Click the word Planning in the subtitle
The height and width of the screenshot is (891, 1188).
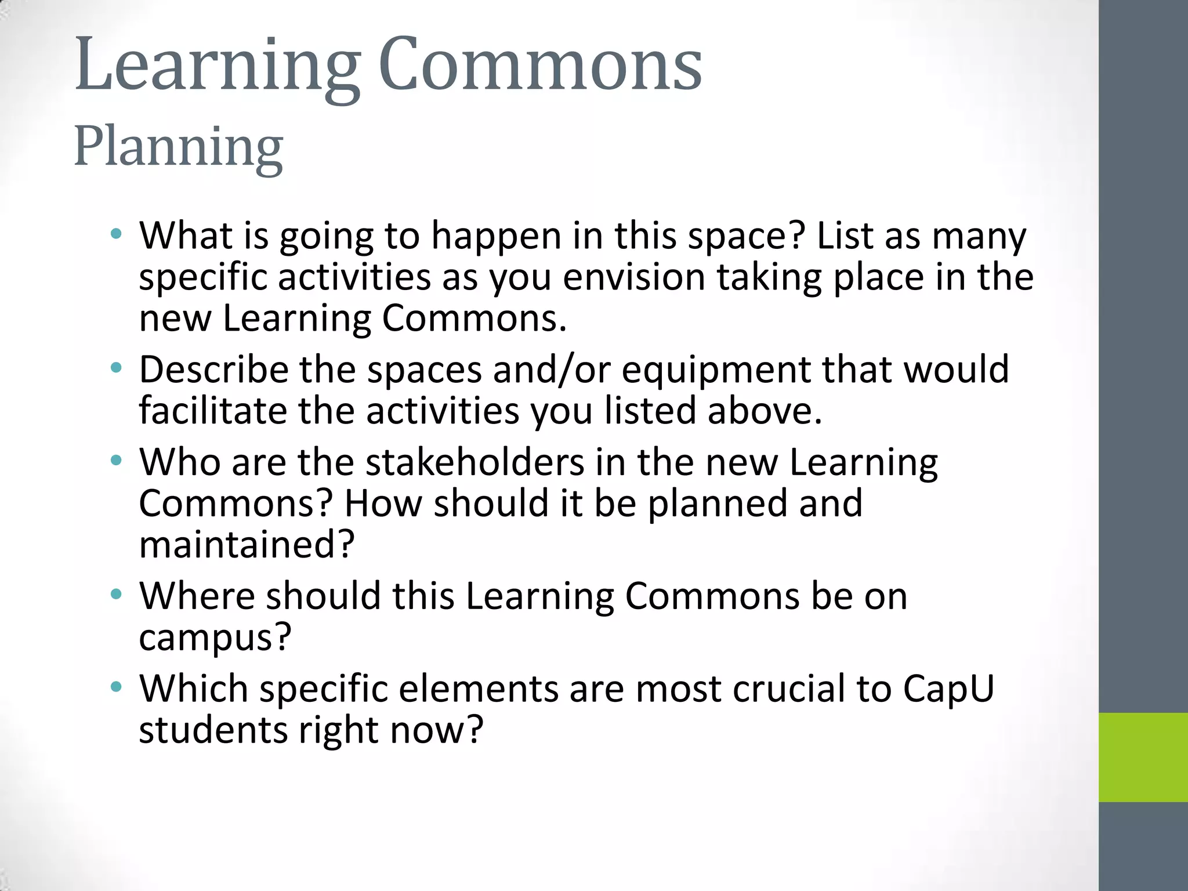178,148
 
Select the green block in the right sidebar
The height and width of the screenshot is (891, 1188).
1143,757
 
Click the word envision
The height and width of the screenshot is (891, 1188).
633,277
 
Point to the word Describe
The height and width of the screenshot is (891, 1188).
213,370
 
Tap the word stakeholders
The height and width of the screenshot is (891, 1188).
475,462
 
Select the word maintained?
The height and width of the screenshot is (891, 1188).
247,545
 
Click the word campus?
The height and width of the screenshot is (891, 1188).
215,638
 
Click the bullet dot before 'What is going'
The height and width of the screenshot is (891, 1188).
117,235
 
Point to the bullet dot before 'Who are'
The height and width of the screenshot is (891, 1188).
117,461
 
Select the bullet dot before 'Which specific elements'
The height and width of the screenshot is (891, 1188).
117,687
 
